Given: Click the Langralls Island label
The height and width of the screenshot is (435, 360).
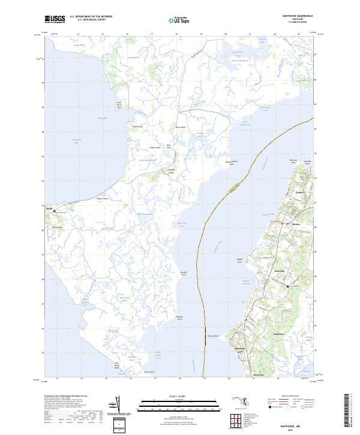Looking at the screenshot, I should (x=154, y=172).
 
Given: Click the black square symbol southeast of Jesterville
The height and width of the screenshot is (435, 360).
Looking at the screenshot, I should (x=287, y=287).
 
